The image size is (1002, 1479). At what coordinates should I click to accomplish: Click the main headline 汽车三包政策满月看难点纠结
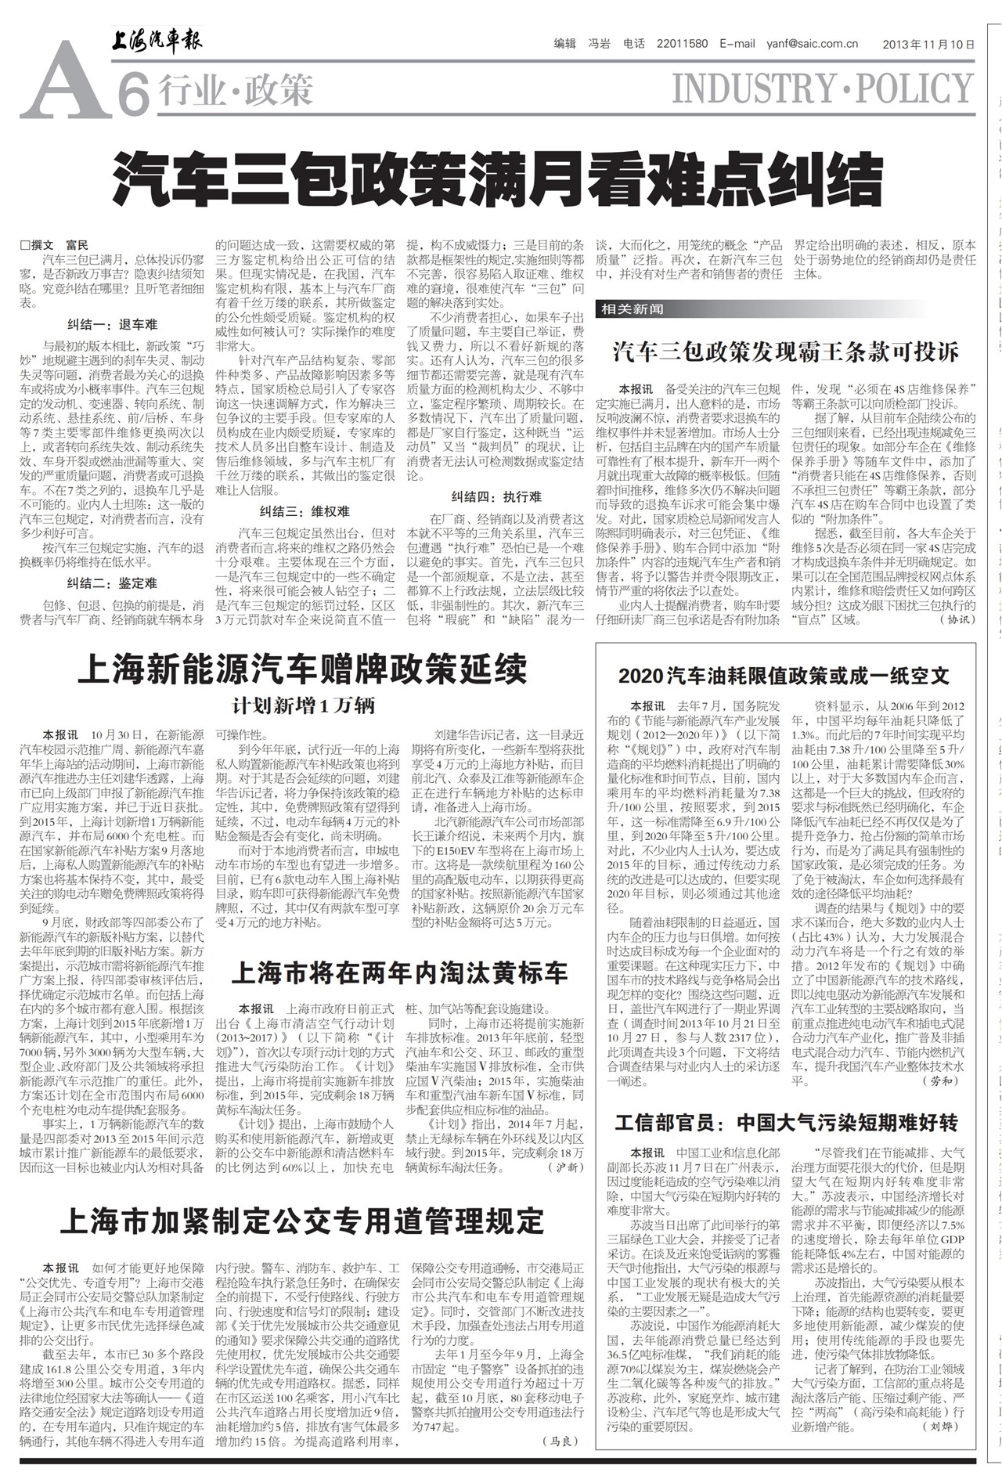coord(498,179)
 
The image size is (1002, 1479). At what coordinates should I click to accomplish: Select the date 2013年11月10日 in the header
coord(928,45)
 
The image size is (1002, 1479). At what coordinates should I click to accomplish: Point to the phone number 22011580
coord(683,45)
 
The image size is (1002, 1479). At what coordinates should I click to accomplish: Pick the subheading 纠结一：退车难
coord(112,324)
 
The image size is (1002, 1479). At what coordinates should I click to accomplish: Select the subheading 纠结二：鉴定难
coord(112,583)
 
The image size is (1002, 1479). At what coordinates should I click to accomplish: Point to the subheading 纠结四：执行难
coord(496,496)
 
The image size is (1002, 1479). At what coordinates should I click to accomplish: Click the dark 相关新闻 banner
coord(633,309)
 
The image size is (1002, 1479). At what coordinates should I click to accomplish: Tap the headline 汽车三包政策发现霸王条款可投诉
coord(785,352)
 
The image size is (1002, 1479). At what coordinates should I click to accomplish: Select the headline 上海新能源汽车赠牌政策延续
coord(302,670)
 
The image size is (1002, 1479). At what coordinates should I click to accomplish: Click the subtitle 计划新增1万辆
coord(303,705)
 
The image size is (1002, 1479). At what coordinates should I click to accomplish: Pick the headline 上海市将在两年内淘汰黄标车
coord(399,973)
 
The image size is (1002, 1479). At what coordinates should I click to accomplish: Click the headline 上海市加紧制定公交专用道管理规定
coord(301,1220)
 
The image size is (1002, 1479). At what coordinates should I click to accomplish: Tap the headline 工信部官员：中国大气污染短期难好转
coord(785,1124)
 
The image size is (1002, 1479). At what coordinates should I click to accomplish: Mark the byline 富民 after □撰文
coord(77,245)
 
